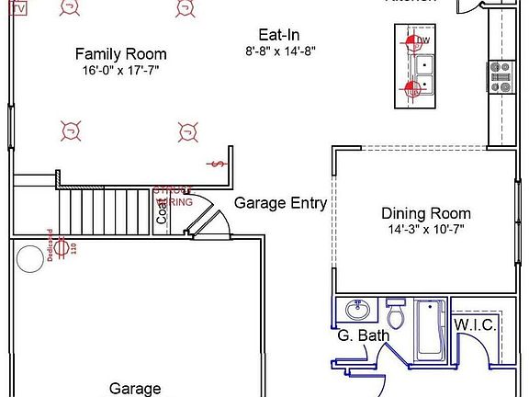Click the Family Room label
click(120, 54)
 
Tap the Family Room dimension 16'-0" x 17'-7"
click(120, 70)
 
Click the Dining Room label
click(425, 213)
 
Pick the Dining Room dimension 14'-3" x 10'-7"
click(425, 230)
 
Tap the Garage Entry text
click(280, 203)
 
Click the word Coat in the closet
click(162, 213)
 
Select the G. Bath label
click(363, 335)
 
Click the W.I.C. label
click(475, 326)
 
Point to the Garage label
click(136, 389)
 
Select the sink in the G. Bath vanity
click(355, 308)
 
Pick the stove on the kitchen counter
click(501, 77)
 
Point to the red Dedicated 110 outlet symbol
click(62, 246)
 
